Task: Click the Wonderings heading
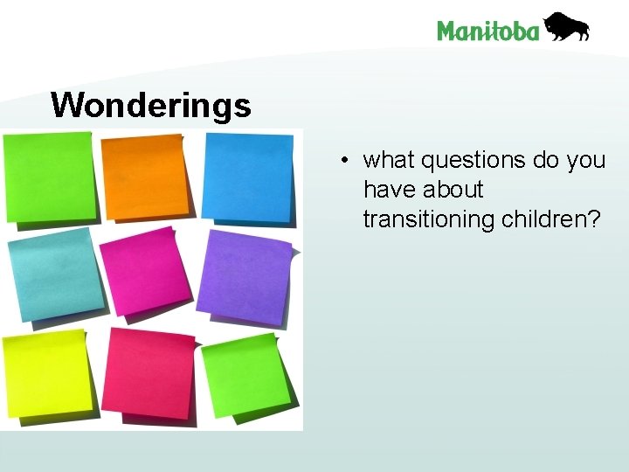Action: (x=151, y=106)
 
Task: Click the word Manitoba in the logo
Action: (x=487, y=31)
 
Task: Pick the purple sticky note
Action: (x=244, y=277)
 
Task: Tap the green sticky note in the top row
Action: (x=48, y=177)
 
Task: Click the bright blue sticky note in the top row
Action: (x=247, y=177)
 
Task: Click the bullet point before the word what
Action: (x=347, y=161)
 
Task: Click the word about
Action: (x=453, y=190)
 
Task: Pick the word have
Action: (x=391, y=190)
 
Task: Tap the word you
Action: (x=585, y=161)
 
